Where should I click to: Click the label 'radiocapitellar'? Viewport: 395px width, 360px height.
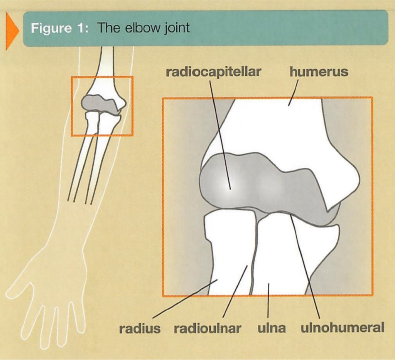[x=213, y=72]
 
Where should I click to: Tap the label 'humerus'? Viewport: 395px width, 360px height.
[x=319, y=72]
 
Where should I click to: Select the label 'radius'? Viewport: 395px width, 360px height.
[x=140, y=328]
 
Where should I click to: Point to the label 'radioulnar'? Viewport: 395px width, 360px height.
[x=208, y=328]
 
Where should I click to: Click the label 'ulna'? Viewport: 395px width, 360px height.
[x=272, y=328]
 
